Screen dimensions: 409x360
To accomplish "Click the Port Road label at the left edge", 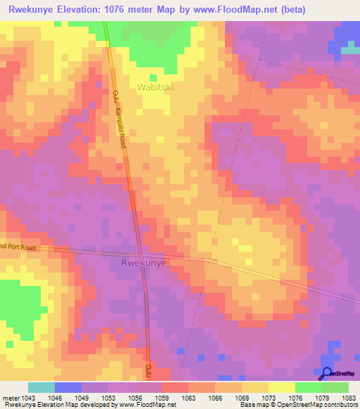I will (x=18, y=247).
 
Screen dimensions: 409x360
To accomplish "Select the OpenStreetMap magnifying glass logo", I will (x=328, y=374).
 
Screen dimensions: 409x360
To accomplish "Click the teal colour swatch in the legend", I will (x=41, y=387).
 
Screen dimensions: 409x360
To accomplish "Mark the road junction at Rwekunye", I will (x=141, y=254).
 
